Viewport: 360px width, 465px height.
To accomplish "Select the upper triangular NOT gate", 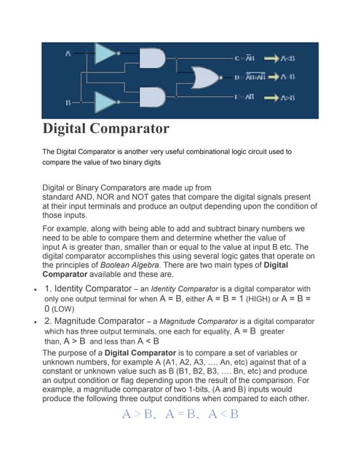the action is pyautogui.click(x=106, y=54).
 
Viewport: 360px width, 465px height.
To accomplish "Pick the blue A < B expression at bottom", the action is pyautogui.click(x=223, y=415).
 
